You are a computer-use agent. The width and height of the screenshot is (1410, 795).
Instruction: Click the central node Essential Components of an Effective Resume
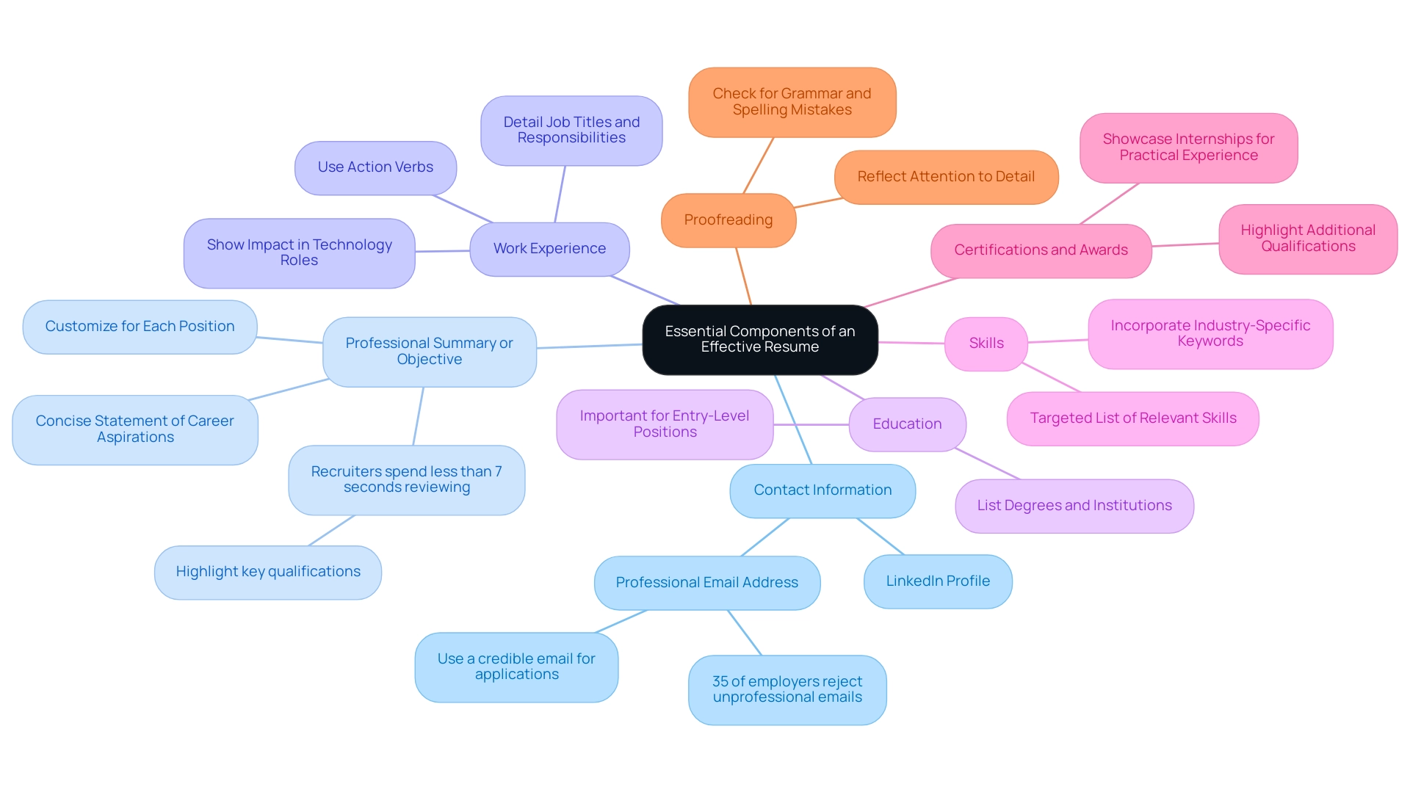tap(759, 339)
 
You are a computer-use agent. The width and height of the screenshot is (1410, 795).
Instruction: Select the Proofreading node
tap(728, 220)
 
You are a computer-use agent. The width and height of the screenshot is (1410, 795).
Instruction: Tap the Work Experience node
tap(549, 249)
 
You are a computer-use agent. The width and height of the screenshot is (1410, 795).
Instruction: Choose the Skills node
tap(986, 344)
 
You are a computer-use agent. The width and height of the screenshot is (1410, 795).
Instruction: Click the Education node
tap(907, 424)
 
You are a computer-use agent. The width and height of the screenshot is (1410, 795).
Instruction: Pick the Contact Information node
tap(822, 490)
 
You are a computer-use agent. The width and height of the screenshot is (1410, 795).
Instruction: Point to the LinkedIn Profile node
tap(938, 581)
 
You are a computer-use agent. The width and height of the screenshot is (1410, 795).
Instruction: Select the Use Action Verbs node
tap(375, 167)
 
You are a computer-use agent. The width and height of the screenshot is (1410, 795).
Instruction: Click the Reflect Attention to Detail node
tap(946, 177)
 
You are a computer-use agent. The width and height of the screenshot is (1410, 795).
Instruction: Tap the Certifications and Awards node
tap(1041, 250)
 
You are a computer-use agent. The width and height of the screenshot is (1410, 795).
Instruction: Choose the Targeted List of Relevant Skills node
tap(1132, 418)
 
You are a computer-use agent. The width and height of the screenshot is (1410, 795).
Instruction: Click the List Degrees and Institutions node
tap(1074, 506)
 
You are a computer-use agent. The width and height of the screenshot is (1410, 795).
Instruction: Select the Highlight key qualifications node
tap(268, 572)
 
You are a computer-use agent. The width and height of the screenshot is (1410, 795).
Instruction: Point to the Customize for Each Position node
tap(140, 327)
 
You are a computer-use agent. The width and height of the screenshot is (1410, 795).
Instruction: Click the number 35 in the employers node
tap(720, 682)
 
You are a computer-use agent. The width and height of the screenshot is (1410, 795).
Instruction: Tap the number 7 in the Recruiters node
tap(498, 471)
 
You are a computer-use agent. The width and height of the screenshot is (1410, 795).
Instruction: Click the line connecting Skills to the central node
tap(911, 343)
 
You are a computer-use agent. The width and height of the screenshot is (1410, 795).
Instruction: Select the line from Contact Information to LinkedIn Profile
tap(881, 537)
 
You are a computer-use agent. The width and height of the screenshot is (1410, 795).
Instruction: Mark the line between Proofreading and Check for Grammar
tap(758, 166)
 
